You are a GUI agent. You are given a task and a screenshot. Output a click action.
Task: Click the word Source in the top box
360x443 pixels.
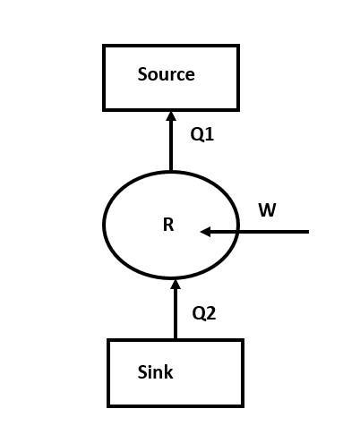tap(166, 74)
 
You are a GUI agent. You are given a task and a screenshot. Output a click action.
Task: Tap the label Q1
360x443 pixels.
tap(202, 134)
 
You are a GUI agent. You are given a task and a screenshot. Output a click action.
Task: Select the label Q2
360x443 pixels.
tap(204, 313)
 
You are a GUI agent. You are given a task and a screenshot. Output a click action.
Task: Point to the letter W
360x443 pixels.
tap(267, 210)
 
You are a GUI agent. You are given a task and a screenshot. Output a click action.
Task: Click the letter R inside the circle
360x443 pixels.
tap(167, 226)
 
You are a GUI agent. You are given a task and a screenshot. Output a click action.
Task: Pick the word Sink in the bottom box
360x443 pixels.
tap(155, 371)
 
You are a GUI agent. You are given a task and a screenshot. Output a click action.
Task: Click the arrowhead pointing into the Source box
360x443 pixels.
tap(170, 116)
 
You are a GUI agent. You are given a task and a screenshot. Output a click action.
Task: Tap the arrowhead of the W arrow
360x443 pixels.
tap(205, 232)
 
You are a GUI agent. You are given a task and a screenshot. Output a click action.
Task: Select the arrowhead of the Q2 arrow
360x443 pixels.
tap(175, 285)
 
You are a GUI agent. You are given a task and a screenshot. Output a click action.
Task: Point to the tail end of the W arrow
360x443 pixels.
tap(307, 232)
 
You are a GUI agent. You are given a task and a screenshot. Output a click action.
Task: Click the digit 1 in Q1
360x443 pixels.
tap(210, 134)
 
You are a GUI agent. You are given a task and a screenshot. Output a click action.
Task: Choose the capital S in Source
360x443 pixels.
tap(142, 74)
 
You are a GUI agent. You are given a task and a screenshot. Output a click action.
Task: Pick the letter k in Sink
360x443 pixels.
tap(168, 371)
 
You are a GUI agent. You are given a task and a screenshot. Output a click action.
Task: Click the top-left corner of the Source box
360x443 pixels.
tap(104, 46)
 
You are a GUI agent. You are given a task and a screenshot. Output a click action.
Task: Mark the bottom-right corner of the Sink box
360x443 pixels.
tap(242, 405)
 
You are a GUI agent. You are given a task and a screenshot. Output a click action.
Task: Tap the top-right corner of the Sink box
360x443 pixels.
tap(242, 340)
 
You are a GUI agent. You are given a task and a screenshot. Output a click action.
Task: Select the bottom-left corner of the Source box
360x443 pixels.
tap(104, 109)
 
